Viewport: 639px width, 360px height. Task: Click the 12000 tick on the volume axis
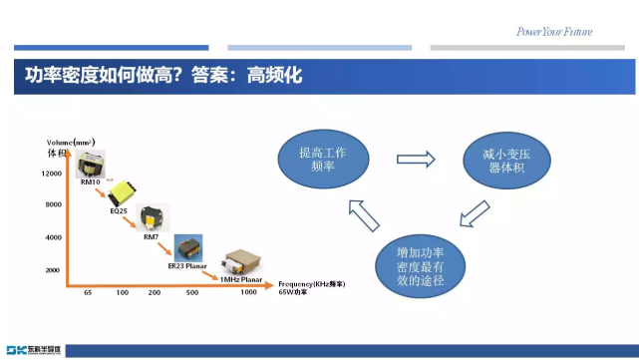coord(53,175)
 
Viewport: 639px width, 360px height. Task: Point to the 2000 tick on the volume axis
coord(53,270)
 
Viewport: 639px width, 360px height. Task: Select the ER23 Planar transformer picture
coord(188,246)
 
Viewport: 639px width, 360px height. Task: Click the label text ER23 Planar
coord(182,265)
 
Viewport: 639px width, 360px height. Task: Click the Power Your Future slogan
coord(553,32)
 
